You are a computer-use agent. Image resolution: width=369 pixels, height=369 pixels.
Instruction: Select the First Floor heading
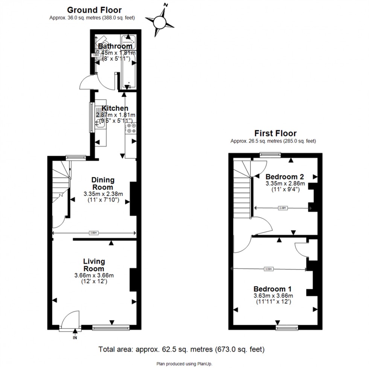point(275,133)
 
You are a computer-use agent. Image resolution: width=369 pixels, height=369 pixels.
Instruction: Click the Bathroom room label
point(115,46)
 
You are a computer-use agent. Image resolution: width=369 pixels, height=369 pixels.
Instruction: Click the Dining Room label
point(103,184)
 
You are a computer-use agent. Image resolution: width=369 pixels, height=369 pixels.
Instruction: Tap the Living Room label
point(94,265)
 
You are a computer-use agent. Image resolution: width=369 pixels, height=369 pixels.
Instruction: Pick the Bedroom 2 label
point(285,177)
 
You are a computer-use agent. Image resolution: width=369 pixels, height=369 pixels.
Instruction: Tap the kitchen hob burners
point(131,128)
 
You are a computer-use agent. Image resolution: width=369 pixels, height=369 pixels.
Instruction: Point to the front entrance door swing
point(70,319)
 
